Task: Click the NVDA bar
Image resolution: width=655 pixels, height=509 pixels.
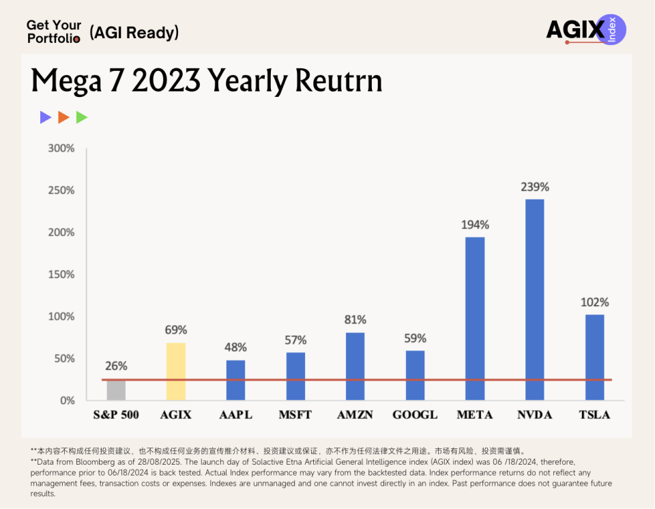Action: click(534, 300)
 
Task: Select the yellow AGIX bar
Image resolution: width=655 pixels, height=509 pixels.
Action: click(175, 371)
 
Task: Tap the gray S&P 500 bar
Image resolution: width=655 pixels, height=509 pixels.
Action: click(116, 390)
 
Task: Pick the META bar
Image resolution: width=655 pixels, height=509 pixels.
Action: click(475, 318)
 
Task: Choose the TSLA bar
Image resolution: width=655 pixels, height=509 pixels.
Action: click(594, 357)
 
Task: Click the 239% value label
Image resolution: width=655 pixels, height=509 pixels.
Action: click(535, 187)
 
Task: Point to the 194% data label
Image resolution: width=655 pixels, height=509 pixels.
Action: click(475, 224)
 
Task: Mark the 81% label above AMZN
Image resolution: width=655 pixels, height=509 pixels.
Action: click(355, 319)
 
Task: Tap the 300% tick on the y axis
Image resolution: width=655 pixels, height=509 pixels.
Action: click(61, 148)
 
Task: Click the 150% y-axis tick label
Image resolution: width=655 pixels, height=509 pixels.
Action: click(61, 274)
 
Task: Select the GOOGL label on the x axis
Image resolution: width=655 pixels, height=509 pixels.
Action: click(415, 414)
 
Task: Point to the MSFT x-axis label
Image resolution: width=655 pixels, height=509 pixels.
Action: click(295, 414)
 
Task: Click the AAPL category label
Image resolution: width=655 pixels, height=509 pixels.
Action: click(235, 414)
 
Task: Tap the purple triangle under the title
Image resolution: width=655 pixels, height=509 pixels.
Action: click(46, 117)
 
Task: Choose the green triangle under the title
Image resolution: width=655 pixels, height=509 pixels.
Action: click(82, 117)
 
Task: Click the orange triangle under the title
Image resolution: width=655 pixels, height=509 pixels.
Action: click(63, 117)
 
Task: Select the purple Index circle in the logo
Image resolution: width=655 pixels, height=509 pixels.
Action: click(611, 30)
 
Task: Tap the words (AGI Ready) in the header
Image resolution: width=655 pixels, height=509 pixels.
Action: click(134, 32)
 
